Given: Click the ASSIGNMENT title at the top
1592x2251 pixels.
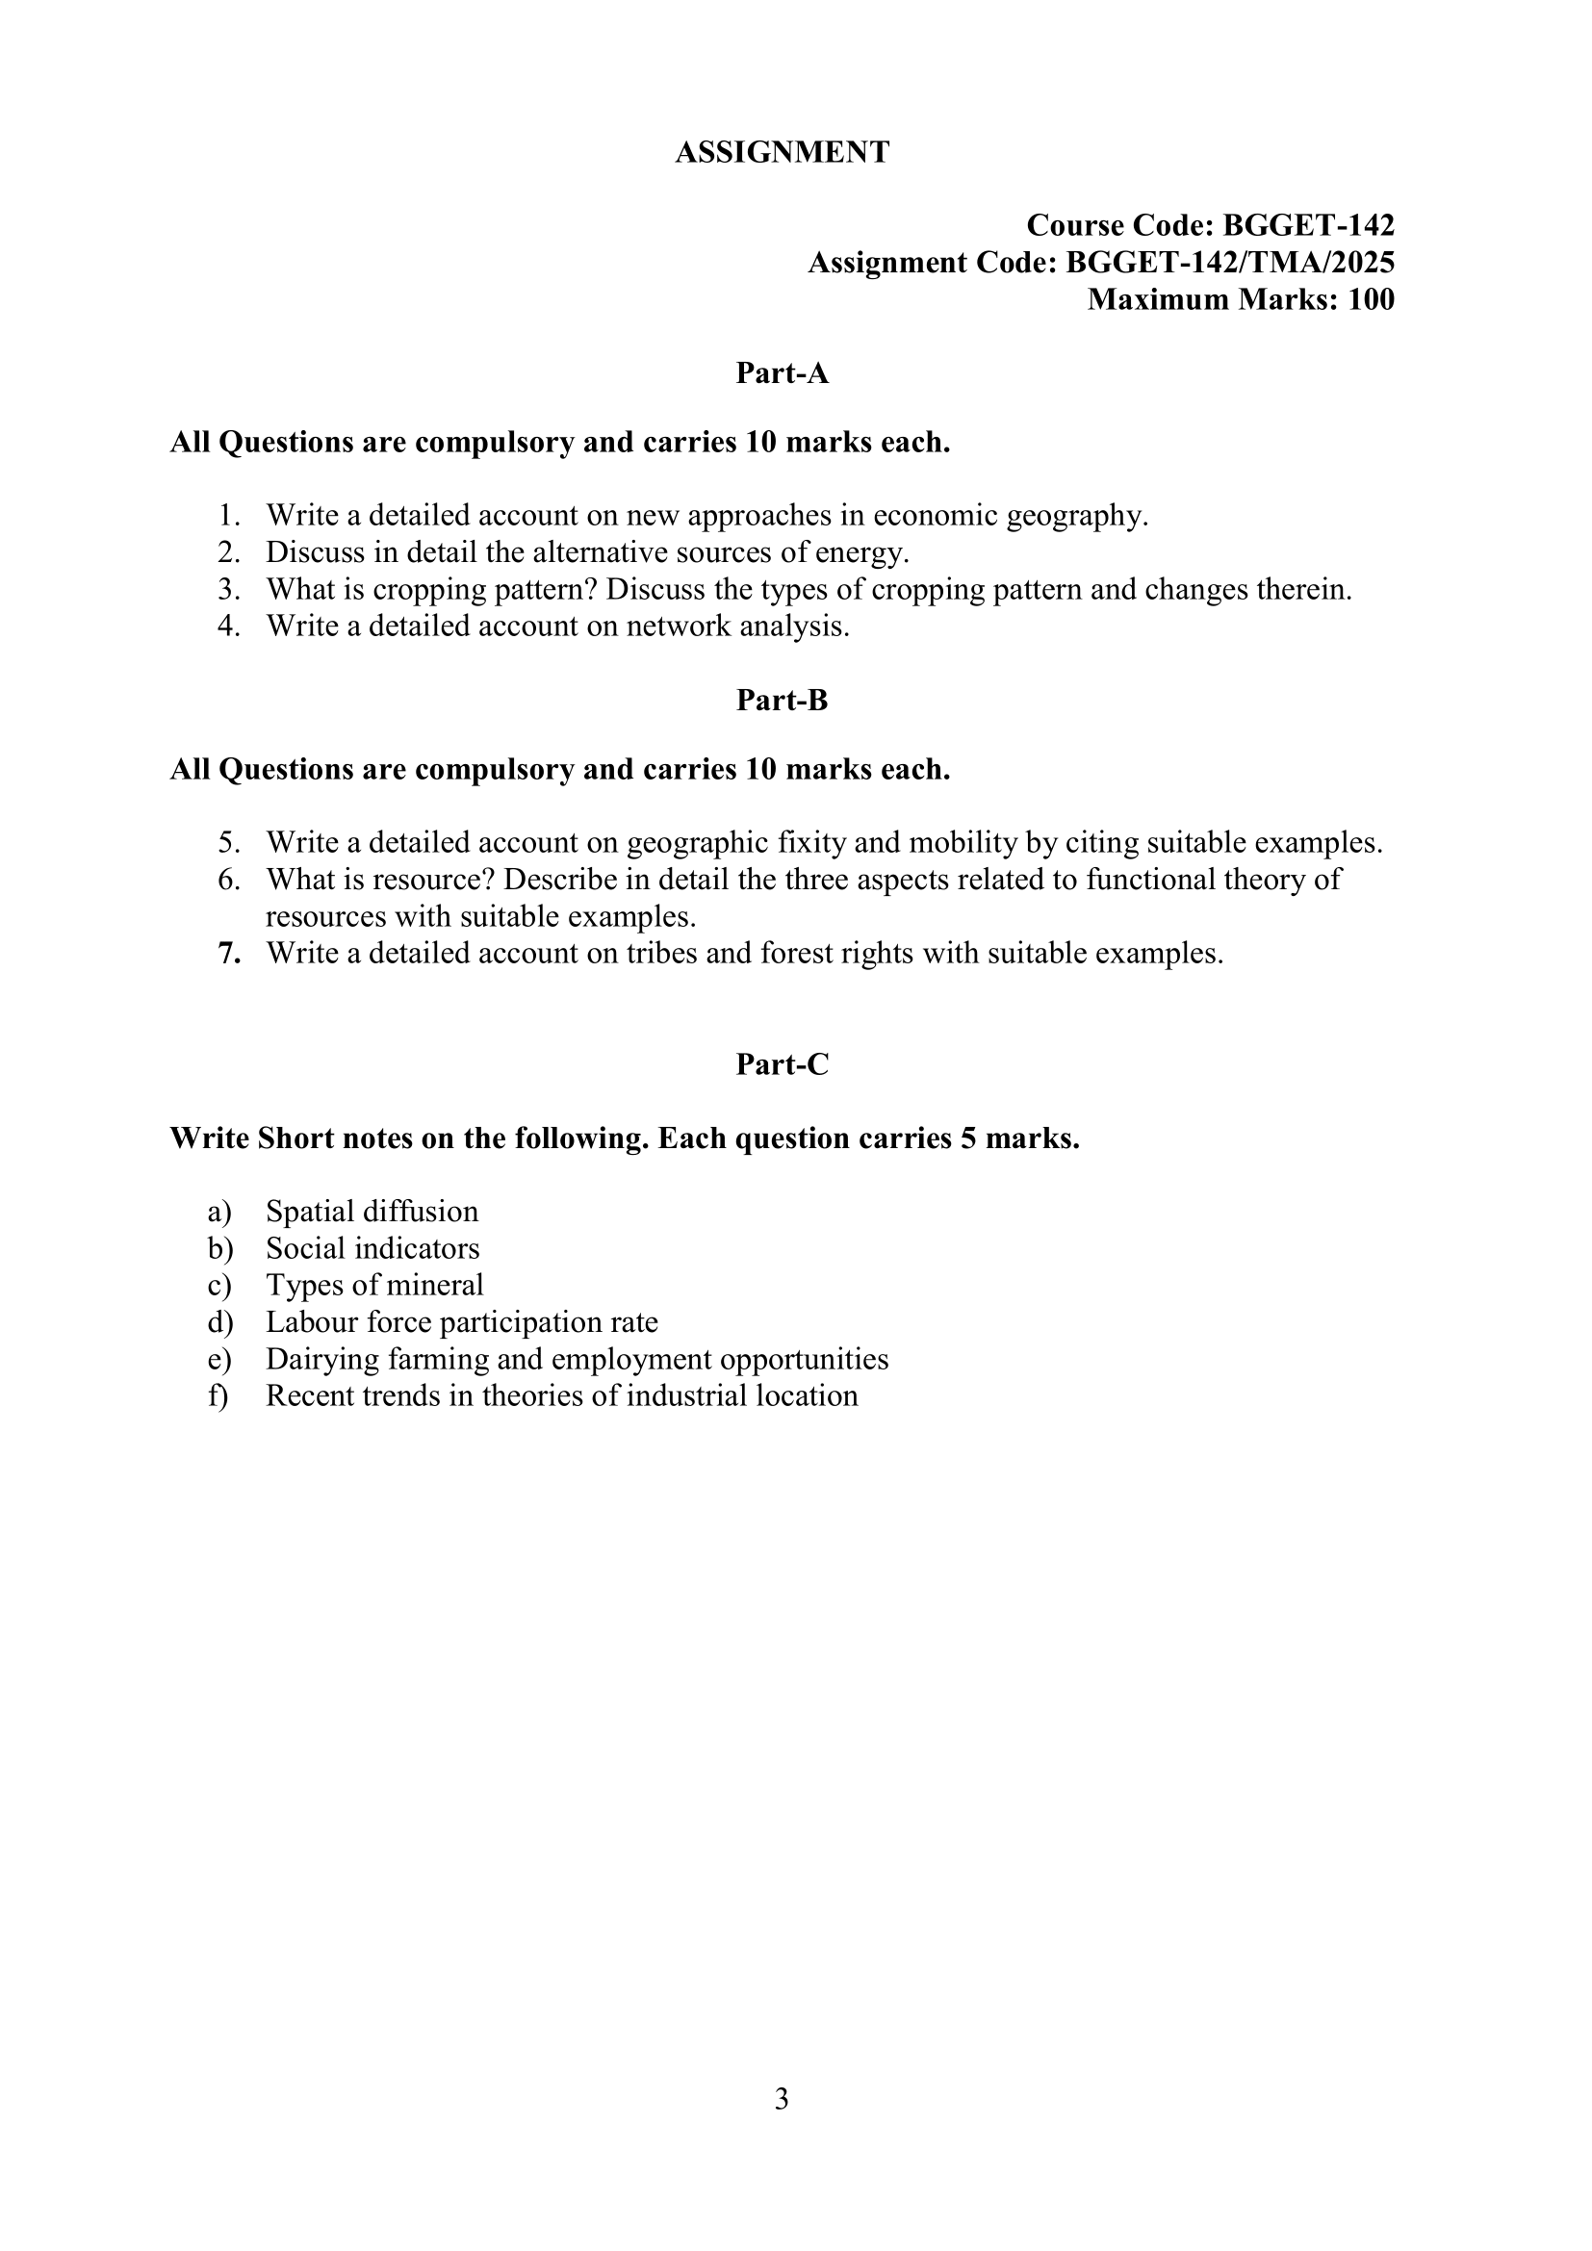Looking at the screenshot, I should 782,152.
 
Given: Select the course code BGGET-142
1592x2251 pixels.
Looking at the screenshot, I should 1308,225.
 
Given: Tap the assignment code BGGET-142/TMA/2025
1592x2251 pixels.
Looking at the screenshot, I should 1229,263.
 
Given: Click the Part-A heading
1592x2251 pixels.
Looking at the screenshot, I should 782,373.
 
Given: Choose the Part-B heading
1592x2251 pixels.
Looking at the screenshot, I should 782,700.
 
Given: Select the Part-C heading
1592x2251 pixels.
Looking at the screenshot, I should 782,1064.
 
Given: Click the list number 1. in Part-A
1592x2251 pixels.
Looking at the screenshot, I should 229,516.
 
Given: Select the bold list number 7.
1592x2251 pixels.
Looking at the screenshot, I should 229,954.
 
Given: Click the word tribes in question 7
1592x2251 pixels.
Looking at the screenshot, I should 660,954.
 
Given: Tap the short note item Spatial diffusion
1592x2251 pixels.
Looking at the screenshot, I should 372,1212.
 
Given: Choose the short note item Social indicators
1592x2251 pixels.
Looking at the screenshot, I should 372,1249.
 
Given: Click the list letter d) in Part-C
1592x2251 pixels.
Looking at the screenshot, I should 219,1322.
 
